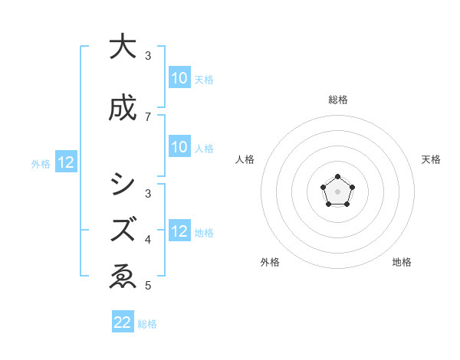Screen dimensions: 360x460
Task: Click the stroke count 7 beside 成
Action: pos(148,117)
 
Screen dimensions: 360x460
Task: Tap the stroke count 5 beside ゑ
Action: pos(148,286)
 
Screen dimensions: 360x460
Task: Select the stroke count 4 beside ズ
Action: pos(148,240)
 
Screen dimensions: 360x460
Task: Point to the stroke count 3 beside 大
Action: pos(148,56)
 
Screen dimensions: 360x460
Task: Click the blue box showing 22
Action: pos(123,322)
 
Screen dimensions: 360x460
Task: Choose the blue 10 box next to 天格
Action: pos(179,78)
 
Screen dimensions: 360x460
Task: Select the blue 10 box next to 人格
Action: pos(179,147)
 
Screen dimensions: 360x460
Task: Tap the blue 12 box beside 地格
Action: pos(179,231)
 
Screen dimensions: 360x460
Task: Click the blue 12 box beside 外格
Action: pos(65,162)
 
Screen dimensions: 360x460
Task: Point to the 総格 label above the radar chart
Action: pos(337,100)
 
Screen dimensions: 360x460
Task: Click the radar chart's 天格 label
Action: pos(431,159)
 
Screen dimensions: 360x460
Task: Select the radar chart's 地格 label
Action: pos(402,262)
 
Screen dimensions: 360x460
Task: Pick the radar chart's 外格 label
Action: pos(270,262)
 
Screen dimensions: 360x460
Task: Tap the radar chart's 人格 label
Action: pos(245,159)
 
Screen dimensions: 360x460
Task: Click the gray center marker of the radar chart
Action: pos(337,191)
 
